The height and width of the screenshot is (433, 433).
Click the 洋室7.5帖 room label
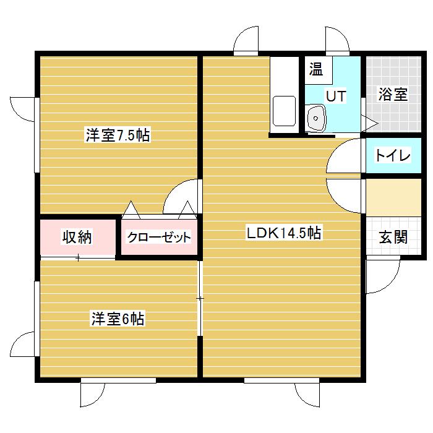118,135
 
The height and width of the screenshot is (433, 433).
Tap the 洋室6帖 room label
118,319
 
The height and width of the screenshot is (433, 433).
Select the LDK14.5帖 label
283,233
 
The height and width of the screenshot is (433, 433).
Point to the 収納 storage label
77,237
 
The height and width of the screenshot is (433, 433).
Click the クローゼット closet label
159,238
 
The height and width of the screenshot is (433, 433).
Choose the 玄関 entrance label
392,237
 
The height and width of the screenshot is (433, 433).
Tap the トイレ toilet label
392,156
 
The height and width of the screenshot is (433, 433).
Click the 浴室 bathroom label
392,95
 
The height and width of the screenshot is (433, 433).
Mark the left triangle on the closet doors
131,210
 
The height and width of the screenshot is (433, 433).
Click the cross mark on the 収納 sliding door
78,258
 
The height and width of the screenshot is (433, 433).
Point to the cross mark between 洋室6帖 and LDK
199,299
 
